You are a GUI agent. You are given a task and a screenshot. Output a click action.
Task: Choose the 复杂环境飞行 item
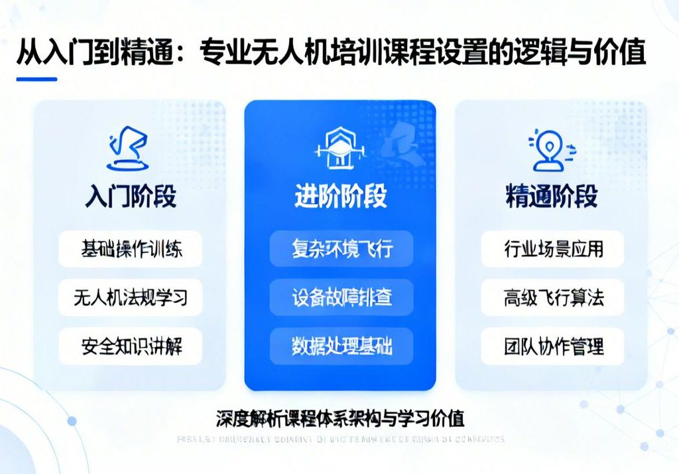click(x=341, y=250)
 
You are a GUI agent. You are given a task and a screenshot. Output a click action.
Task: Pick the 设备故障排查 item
click(x=341, y=297)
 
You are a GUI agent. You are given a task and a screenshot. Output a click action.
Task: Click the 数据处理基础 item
click(x=341, y=346)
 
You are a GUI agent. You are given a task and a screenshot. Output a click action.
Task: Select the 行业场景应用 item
click(x=553, y=250)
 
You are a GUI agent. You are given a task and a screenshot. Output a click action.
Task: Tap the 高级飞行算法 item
click(x=553, y=297)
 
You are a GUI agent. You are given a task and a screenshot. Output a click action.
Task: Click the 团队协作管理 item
click(x=553, y=346)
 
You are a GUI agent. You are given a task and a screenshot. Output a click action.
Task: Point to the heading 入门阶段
click(x=131, y=197)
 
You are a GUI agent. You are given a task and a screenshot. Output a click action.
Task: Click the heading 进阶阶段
click(x=341, y=197)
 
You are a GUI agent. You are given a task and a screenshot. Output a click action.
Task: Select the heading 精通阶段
click(x=552, y=197)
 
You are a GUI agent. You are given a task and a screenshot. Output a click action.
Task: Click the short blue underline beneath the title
click(x=36, y=79)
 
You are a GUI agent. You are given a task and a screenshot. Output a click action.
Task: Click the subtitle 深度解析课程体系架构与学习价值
click(x=340, y=418)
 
